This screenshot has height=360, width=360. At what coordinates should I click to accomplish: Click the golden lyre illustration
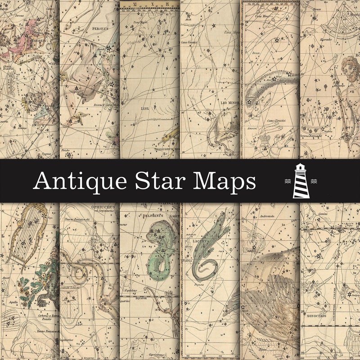point(27,234)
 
